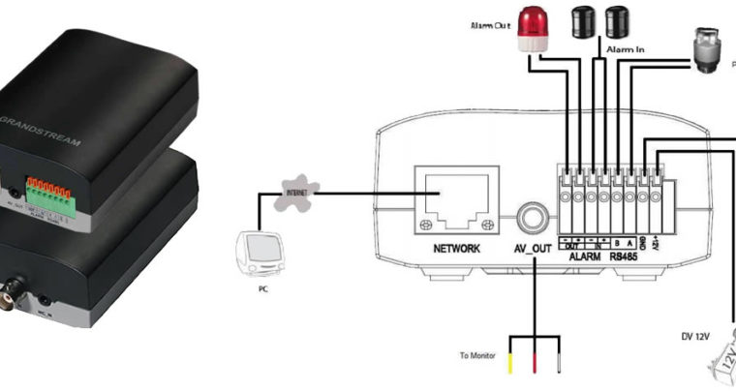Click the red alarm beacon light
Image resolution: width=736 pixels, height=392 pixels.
click(532, 30)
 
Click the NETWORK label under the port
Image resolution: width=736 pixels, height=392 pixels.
click(457, 248)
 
